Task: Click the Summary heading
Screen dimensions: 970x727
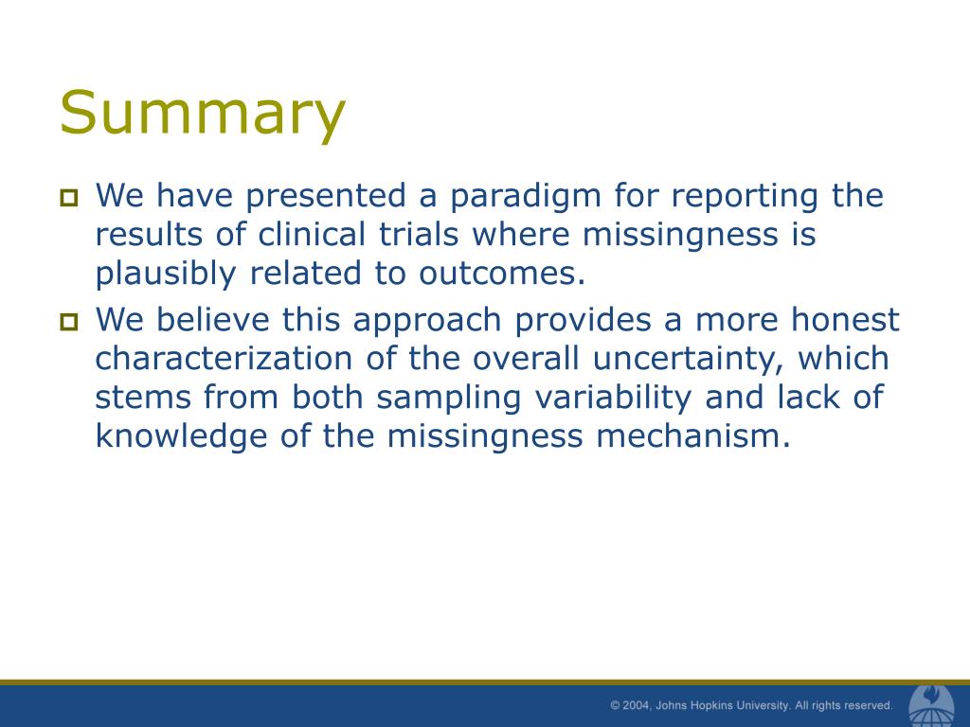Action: [x=203, y=114]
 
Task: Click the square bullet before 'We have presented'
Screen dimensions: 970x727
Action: [x=68, y=198]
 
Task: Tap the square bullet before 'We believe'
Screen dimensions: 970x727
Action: [x=68, y=322]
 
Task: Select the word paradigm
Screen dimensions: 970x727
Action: [x=525, y=198]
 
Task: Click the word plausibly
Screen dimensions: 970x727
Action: [x=165, y=275]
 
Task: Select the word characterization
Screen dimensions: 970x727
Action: [x=224, y=359]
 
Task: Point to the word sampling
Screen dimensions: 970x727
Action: [x=449, y=399]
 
